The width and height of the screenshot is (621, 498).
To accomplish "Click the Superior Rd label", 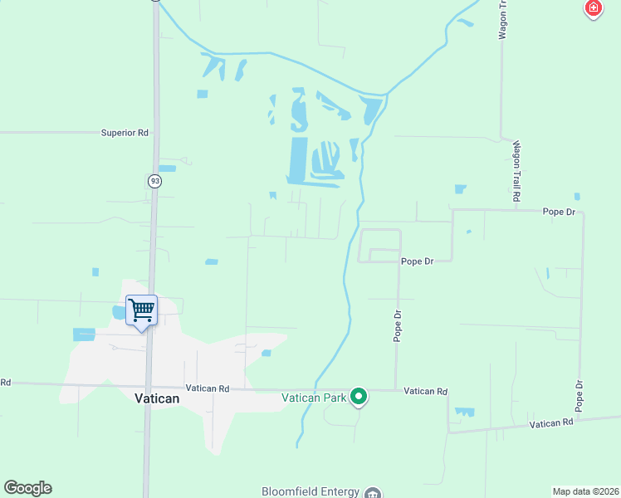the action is click(x=125, y=132).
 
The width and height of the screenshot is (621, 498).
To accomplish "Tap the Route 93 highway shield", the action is click(x=155, y=181).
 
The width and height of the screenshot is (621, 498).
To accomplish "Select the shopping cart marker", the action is click(x=141, y=311).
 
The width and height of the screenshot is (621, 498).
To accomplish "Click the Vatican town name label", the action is click(x=157, y=398).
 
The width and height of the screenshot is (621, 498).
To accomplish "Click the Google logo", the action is click(x=27, y=488).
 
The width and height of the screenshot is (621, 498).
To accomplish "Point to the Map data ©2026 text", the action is click(x=585, y=491).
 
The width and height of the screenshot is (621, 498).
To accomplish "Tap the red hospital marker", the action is click(x=593, y=8).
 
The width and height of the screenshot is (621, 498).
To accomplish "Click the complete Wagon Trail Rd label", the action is click(x=516, y=172).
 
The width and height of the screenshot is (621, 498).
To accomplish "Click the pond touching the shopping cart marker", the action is click(x=119, y=312).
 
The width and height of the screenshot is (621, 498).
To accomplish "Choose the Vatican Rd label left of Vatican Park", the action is click(x=207, y=388).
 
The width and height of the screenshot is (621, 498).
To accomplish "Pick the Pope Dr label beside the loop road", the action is click(x=418, y=261).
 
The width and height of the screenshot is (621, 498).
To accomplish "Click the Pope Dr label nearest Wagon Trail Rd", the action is click(x=559, y=212).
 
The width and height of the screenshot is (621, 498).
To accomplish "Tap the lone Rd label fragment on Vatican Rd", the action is click(x=5, y=382).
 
